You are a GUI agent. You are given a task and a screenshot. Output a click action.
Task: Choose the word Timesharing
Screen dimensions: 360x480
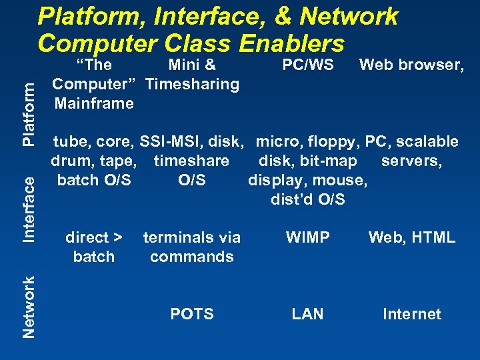pos(192,84)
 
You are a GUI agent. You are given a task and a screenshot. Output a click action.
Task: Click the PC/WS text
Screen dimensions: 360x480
pos(308,65)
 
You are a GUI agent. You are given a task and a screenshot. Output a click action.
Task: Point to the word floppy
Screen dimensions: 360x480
pos(333,141)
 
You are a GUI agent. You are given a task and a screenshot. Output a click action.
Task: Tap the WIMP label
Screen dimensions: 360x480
pos(308,237)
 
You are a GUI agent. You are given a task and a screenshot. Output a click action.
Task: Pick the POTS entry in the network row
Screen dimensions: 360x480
pos(192,314)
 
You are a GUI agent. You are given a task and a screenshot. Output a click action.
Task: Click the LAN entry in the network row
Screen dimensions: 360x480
pos(308,314)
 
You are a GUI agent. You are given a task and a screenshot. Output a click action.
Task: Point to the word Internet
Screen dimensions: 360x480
pos(412,314)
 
